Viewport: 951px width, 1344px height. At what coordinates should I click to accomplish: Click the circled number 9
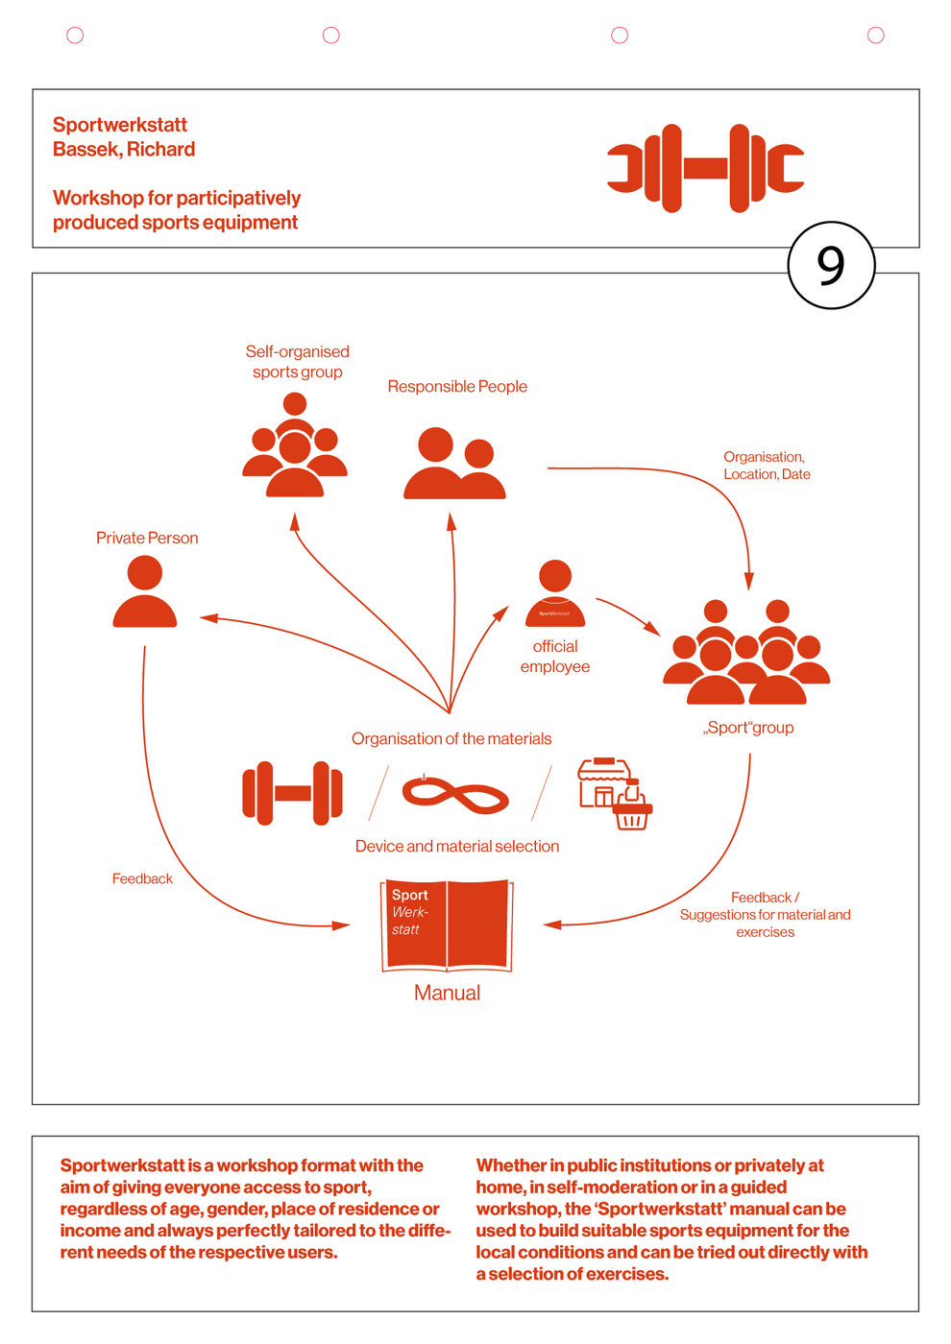831,265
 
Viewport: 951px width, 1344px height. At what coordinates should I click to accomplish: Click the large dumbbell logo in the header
705,168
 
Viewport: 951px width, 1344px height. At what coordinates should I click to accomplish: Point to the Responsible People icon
454,464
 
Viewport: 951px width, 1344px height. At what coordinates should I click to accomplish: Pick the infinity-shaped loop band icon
455,795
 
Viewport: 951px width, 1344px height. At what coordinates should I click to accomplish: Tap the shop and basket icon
615,794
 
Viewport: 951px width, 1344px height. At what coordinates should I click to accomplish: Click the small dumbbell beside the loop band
292,793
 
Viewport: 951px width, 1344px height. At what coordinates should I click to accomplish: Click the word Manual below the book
447,994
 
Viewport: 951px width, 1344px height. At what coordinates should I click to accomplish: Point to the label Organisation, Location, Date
767,466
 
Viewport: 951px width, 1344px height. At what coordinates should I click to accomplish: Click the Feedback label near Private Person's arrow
142,878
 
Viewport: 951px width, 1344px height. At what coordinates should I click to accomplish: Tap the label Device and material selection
457,846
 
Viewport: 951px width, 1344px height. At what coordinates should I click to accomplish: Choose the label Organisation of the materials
451,738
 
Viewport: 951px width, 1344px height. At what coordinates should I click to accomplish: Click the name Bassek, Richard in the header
124,149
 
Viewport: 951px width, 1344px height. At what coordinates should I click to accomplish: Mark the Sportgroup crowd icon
746,653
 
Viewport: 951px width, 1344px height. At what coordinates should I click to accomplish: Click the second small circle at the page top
331,36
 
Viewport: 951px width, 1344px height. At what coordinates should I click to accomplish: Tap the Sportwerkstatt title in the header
120,125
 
